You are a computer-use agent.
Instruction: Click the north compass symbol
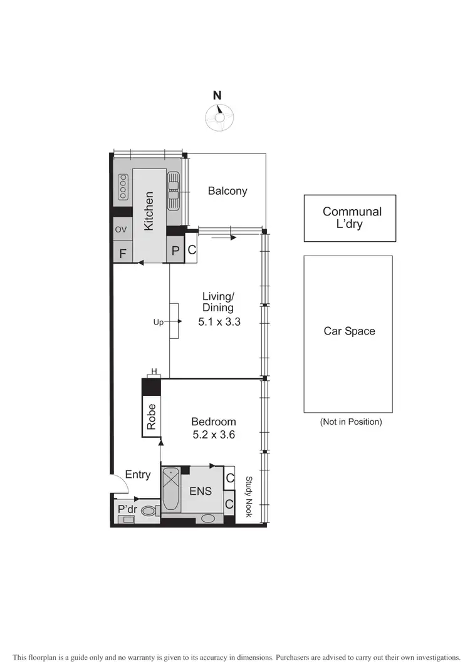pyautogui.click(x=219, y=117)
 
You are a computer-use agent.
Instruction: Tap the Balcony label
pyautogui.click(x=227, y=191)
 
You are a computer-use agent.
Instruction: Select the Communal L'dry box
pyautogui.click(x=350, y=218)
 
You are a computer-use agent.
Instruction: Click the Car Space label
pyautogui.click(x=349, y=331)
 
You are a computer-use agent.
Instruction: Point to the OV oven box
pyautogui.click(x=121, y=230)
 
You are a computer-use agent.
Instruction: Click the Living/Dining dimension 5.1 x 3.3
pyautogui.click(x=219, y=323)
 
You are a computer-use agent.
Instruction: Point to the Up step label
pyautogui.click(x=159, y=322)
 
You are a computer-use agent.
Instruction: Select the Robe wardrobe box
pyautogui.click(x=151, y=416)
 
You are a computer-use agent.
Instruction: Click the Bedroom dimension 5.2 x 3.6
pyautogui.click(x=213, y=435)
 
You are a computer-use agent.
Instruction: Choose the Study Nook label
pyautogui.click(x=248, y=497)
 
